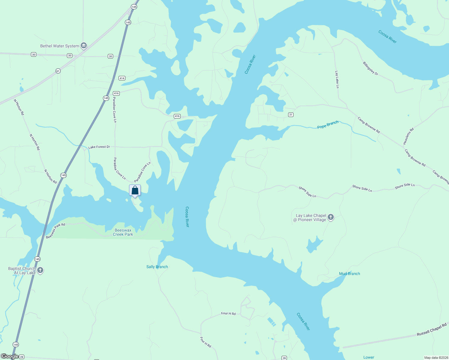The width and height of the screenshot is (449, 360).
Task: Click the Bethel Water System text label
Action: [60, 46]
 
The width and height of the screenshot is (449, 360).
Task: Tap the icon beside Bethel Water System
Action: [84, 46]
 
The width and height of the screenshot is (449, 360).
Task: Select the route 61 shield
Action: [58, 71]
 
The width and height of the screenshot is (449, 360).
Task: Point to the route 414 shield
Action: [122, 78]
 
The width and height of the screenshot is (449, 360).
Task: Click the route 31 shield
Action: [291, 115]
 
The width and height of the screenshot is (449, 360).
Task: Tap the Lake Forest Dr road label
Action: [99, 147]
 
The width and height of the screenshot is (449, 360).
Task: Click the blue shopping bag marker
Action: [135, 190]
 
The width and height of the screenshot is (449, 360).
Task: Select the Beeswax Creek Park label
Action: [123, 232]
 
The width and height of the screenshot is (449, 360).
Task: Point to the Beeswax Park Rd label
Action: [56, 231]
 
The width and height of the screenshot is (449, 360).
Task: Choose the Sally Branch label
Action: [157, 267]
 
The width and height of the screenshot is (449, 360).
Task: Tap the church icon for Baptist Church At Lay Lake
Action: [40, 270]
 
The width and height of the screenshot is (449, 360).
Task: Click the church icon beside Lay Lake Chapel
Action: [331, 217]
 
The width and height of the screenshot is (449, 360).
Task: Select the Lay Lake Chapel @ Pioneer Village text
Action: [311, 217]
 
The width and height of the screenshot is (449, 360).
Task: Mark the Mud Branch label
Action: [349, 274]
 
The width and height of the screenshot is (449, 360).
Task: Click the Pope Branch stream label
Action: [328, 124]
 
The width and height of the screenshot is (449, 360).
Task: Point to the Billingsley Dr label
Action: [371, 68]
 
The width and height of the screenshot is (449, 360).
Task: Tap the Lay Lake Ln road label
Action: [337, 79]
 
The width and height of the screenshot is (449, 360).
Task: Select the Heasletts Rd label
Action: [408, 136]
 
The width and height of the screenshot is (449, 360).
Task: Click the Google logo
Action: [10, 356]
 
